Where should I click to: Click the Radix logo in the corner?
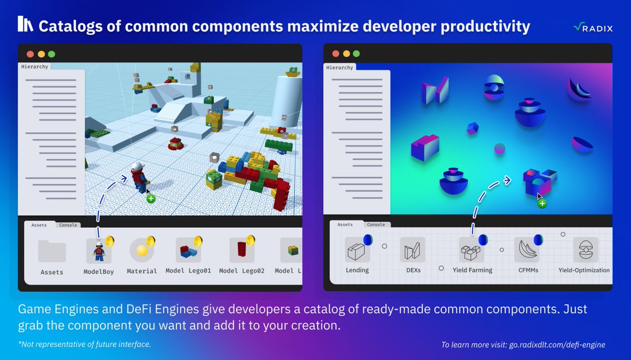[593, 27]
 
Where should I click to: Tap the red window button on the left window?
[30, 54]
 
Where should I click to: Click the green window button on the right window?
[357, 54]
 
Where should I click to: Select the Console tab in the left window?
[68, 225]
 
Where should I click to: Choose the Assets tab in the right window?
[345, 224]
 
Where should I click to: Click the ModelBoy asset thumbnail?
[99, 251]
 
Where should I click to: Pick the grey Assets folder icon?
[52, 251]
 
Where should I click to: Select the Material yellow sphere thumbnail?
[141, 250]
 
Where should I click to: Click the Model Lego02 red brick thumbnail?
[242, 250]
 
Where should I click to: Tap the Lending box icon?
[357, 250]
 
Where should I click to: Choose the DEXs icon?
[413, 250]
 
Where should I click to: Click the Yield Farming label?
[472, 270]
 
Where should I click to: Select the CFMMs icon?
[527, 250]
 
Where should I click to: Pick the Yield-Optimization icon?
[586, 250]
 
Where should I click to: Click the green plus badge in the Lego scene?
[151, 199]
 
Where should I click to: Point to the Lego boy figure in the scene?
[139, 177]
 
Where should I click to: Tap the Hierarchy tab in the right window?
[340, 68]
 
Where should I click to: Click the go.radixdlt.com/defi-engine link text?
[557, 345]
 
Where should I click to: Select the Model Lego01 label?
[188, 271]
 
